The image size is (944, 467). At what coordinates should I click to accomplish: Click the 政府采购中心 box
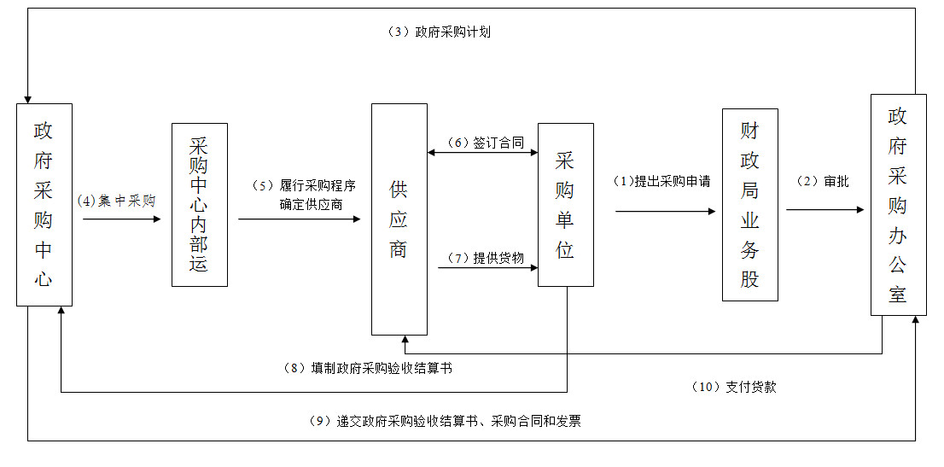point(44,205)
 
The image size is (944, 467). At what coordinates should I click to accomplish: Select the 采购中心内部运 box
point(200,205)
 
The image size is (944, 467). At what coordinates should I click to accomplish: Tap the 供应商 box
point(399,219)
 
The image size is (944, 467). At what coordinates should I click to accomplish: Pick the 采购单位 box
point(565,205)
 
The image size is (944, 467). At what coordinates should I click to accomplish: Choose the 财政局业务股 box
point(750,205)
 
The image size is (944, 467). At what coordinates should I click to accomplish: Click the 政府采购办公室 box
point(898,205)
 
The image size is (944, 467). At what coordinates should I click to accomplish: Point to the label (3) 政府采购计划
point(439,32)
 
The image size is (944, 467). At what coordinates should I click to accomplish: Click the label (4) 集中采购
point(116,201)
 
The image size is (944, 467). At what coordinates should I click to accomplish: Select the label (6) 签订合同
point(486,143)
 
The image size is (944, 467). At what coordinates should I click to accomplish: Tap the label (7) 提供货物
point(486,258)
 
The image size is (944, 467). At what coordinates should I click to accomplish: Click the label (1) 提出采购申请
point(661,181)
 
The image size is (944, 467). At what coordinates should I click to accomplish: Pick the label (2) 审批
point(823,181)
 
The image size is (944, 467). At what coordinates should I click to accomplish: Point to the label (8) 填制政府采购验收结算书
point(367,368)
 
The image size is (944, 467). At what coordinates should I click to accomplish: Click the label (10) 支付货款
point(734,388)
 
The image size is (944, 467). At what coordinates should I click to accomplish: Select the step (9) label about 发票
point(445,421)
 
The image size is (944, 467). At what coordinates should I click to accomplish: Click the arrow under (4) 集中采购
point(121,219)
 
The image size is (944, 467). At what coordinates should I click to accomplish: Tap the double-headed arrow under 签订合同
point(482,153)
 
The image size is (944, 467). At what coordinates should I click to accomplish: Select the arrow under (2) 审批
point(825,210)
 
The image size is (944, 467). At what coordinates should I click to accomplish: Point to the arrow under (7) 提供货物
point(487,267)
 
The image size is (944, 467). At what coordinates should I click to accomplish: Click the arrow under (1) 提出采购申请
point(666,212)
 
